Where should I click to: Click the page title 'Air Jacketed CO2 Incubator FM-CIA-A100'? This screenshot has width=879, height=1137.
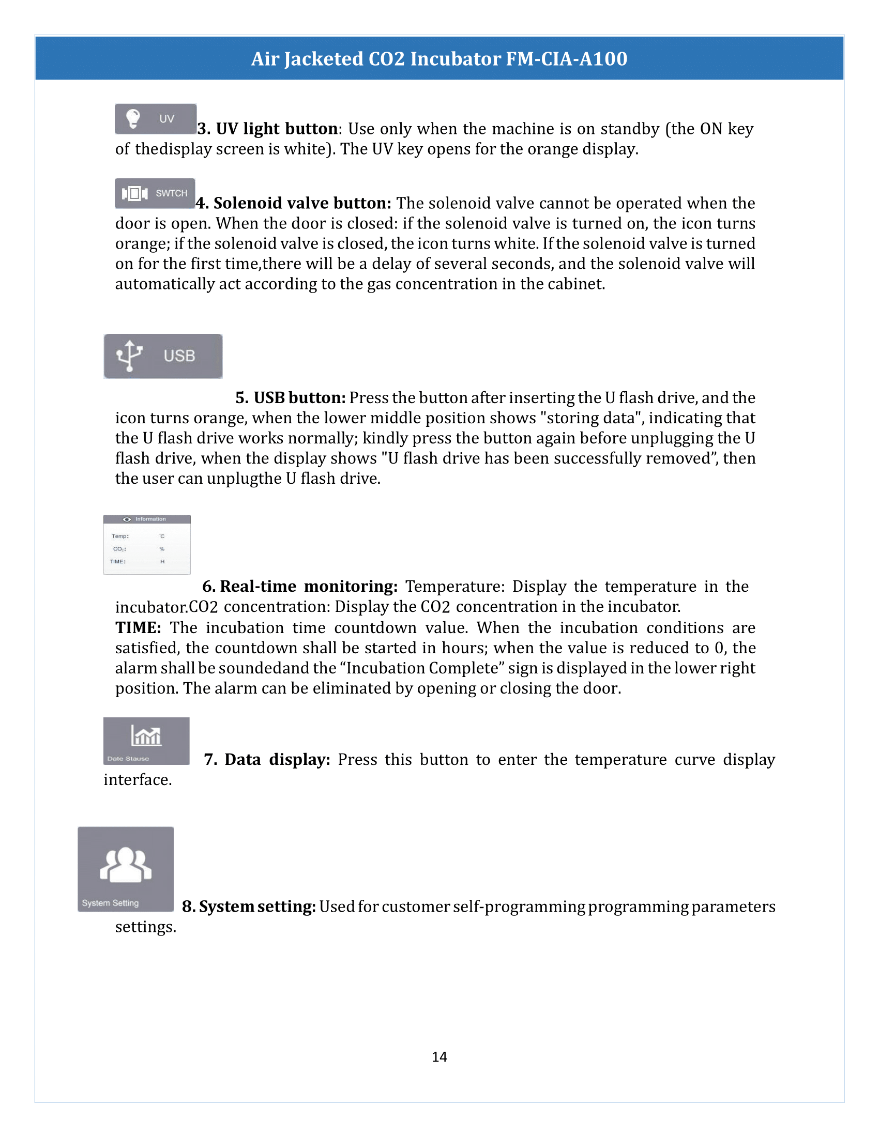[x=439, y=59]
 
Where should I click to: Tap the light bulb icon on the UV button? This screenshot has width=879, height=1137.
[x=133, y=118]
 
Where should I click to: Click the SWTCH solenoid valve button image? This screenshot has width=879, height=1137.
[x=155, y=193]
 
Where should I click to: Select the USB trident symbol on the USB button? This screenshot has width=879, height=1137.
[x=129, y=356]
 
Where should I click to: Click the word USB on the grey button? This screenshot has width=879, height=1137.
[x=179, y=356]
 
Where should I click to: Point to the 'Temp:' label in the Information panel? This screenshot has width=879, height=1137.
[x=120, y=536]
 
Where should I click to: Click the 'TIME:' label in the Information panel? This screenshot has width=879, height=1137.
[x=118, y=561]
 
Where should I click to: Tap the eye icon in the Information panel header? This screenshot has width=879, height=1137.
[x=127, y=519]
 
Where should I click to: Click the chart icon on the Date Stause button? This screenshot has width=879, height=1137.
[x=146, y=735]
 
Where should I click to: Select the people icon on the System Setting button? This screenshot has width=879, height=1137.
[x=126, y=865]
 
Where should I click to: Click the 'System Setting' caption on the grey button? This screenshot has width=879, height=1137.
[x=111, y=903]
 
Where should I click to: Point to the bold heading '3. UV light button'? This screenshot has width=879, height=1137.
[x=268, y=129]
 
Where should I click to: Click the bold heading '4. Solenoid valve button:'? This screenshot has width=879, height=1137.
[x=293, y=203]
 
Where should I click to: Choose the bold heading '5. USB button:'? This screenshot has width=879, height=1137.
[x=290, y=398]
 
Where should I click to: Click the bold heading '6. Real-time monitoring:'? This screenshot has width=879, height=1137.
[x=300, y=586]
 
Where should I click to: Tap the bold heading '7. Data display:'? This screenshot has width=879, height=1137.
[x=267, y=760]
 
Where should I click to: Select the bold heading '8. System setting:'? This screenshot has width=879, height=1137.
[x=248, y=906]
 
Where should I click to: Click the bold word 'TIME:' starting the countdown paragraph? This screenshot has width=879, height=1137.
[x=138, y=627]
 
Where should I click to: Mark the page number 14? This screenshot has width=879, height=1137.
[x=439, y=1056]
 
